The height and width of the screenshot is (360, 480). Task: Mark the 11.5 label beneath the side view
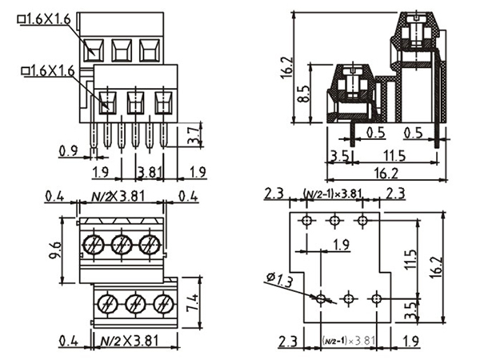click(x=393, y=155)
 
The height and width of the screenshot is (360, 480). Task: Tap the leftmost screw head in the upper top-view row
click(x=95, y=243)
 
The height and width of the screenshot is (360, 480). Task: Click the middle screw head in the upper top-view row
click(x=121, y=243)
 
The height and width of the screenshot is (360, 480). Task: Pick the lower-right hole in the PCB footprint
click(x=377, y=298)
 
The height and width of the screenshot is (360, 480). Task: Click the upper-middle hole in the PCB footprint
click(x=334, y=220)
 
